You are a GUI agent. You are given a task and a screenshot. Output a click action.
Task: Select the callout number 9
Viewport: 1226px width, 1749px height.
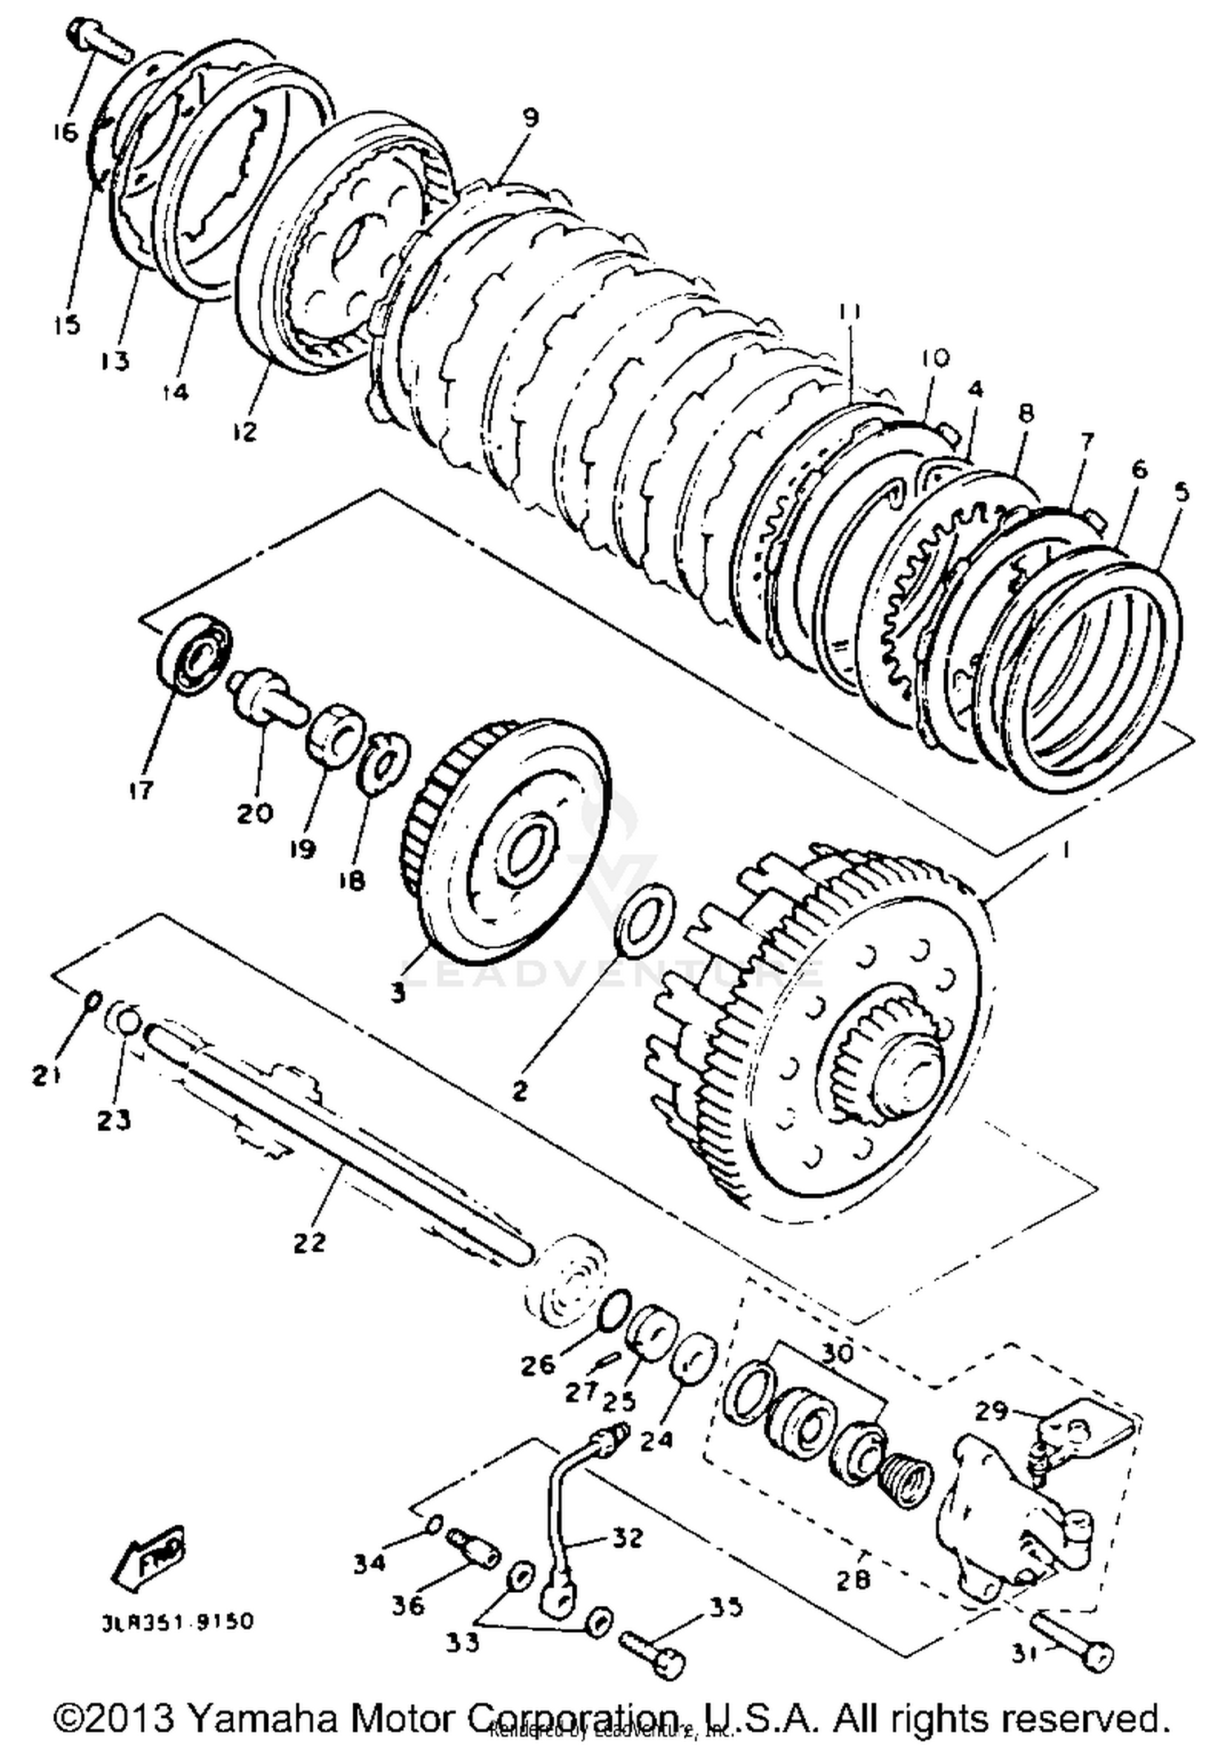[529, 117]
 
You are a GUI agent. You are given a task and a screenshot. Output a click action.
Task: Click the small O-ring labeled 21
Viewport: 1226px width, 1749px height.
[92, 1000]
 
